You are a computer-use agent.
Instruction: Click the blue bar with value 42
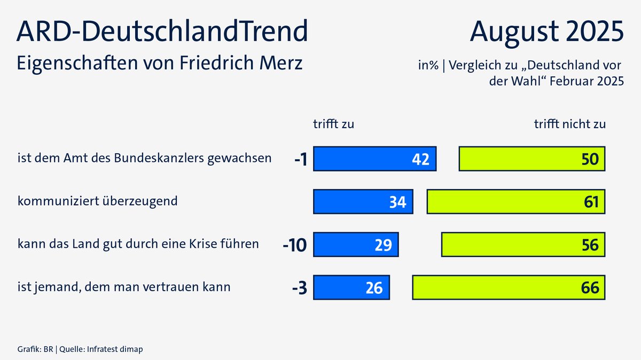[x=374, y=159]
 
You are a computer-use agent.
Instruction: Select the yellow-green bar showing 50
[x=531, y=159]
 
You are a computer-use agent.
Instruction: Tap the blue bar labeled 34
[x=363, y=202]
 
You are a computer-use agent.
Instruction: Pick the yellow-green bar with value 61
[x=515, y=202]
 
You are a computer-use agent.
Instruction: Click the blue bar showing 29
[x=356, y=245]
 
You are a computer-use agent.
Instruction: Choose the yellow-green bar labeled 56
[x=523, y=245]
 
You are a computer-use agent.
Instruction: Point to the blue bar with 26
[x=351, y=287]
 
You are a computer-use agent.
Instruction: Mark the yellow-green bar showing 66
[x=509, y=287]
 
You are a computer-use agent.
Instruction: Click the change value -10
[x=295, y=245]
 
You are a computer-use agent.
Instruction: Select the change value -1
[x=300, y=159]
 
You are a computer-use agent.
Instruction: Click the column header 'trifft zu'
[x=333, y=124]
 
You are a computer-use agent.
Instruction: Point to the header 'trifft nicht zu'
[x=570, y=124]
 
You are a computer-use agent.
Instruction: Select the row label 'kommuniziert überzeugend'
[x=97, y=201]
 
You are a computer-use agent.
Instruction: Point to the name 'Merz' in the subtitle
[x=284, y=62]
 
